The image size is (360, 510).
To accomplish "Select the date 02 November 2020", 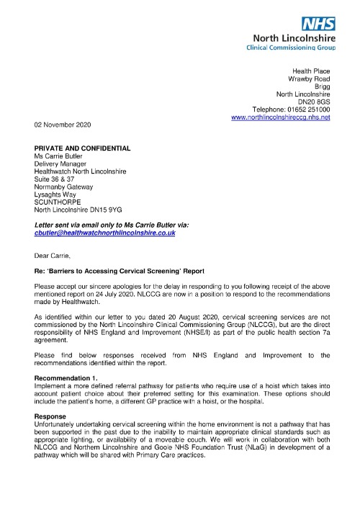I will coord(68,124).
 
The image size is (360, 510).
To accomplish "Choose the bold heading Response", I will coord(51,416).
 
